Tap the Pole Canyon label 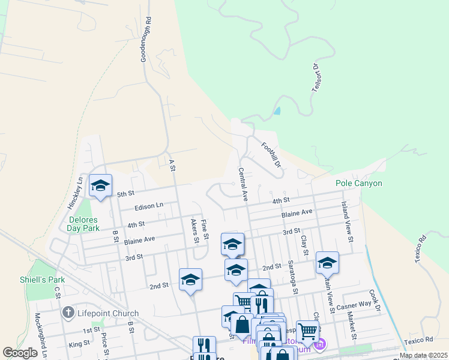point(358,183)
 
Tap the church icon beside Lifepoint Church point(68,313)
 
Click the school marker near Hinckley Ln point(100,185)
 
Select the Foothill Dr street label point(271,154)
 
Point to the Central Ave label point(243,184)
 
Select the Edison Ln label point(149,205)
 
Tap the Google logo point(20,353)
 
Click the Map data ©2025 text point(422,355)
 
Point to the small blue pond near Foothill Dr point(277,111)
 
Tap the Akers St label point(194,230)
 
